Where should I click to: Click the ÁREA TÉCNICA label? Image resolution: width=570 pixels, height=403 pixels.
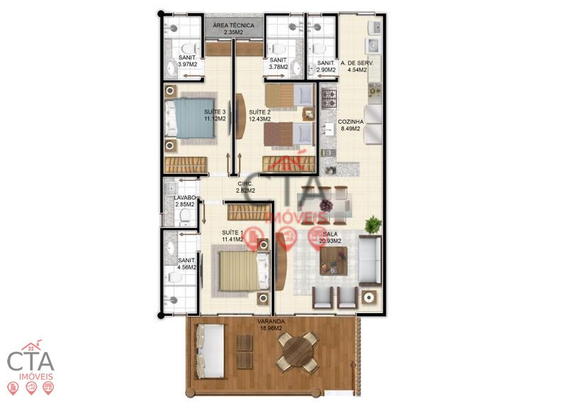[233, 25]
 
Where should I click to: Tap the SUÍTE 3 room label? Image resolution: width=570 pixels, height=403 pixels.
[215, 112]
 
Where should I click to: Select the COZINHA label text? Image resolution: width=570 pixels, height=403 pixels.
[351, 122]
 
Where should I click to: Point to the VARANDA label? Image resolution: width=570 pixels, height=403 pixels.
[271, 322]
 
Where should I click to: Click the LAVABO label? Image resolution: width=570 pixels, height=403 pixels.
[184, 198]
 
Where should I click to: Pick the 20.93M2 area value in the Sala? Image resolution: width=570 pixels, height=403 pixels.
[330, 241]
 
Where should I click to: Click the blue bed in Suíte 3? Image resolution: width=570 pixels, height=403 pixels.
[190, 118]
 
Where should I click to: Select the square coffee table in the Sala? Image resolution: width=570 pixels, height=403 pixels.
[333, 261]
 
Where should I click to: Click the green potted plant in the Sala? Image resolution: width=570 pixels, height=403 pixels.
[373, 225]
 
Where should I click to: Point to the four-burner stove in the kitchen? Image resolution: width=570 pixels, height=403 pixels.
[329, 98]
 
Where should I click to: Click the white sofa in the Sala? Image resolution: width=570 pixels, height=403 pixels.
[369, 260]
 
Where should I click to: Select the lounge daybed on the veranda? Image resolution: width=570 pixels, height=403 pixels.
[210, 351]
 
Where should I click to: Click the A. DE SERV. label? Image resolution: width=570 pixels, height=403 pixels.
[357, 63]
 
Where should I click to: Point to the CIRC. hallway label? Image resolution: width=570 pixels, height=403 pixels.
[245, 183]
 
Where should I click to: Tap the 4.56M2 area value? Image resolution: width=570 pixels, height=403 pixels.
[187, 267]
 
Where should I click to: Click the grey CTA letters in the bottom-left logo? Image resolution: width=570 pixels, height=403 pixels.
[30, 361]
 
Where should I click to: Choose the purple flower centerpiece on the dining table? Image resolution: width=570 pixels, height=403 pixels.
[326, 205]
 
